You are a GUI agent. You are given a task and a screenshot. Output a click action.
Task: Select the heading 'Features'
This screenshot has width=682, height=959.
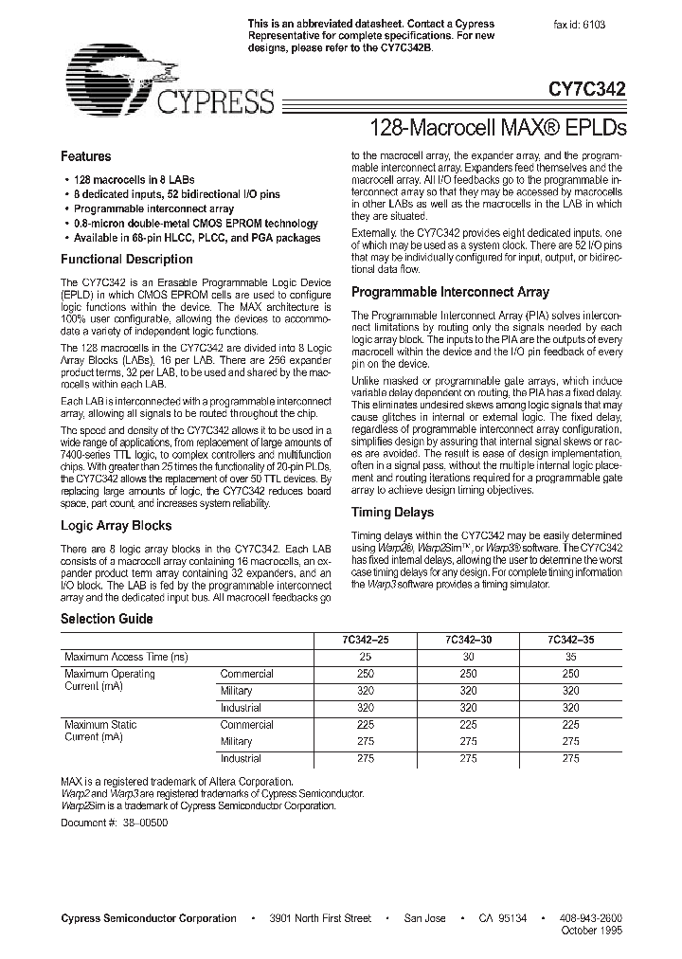coord(86,156)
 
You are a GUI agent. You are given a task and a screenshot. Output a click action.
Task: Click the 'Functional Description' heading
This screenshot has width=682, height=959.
coord(127,259)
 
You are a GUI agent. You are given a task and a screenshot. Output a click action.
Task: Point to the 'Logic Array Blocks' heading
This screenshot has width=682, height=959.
coord(116,525)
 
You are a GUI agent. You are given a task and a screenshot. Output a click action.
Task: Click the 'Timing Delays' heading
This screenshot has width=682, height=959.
coord(392,513)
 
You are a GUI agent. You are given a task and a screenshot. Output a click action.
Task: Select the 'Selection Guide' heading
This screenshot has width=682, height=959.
coord(106,619)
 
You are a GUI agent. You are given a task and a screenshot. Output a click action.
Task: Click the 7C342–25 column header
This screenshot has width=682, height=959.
coord(364,640)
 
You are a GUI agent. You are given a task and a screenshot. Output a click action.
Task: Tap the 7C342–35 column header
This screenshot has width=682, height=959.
coord(570,640)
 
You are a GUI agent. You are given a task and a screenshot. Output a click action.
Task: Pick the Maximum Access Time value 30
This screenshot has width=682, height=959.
coord(467,657)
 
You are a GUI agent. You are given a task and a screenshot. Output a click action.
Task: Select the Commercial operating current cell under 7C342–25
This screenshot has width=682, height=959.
coord(364,674)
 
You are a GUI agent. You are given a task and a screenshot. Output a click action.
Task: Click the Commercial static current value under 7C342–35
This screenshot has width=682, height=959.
coord(570,725)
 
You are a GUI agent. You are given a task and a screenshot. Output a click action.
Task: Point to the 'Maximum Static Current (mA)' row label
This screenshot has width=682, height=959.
coord(100,731)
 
